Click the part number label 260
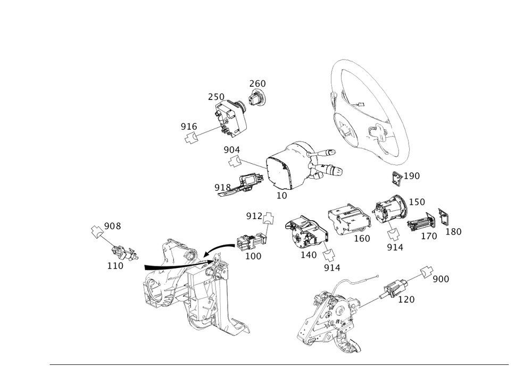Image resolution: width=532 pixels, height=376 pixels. tap(257, 83)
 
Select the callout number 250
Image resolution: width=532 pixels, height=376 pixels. tap(216, 97)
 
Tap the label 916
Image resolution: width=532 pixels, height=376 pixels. tap(189, 127)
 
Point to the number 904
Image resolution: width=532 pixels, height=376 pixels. tap(232, 149)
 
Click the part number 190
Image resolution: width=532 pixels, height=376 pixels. tap(412, 176)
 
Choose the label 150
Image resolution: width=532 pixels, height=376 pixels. tap(417, 202)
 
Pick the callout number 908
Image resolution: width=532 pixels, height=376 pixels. tap(112, 226)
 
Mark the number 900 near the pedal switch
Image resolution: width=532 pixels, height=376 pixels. tap(440, 279)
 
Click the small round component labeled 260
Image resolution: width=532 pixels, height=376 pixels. tap(257, 97)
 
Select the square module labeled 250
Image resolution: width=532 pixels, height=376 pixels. tap(230, 118)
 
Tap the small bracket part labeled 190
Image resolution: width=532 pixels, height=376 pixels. tap(397, 179)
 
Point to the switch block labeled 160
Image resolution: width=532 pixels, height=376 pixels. tap(349, 219)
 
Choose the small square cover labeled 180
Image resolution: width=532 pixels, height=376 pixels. tap(444, 216)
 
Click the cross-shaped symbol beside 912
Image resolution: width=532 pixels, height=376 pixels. tap(268, 218)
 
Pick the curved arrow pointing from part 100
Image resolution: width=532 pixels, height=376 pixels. tap(220, 250)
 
